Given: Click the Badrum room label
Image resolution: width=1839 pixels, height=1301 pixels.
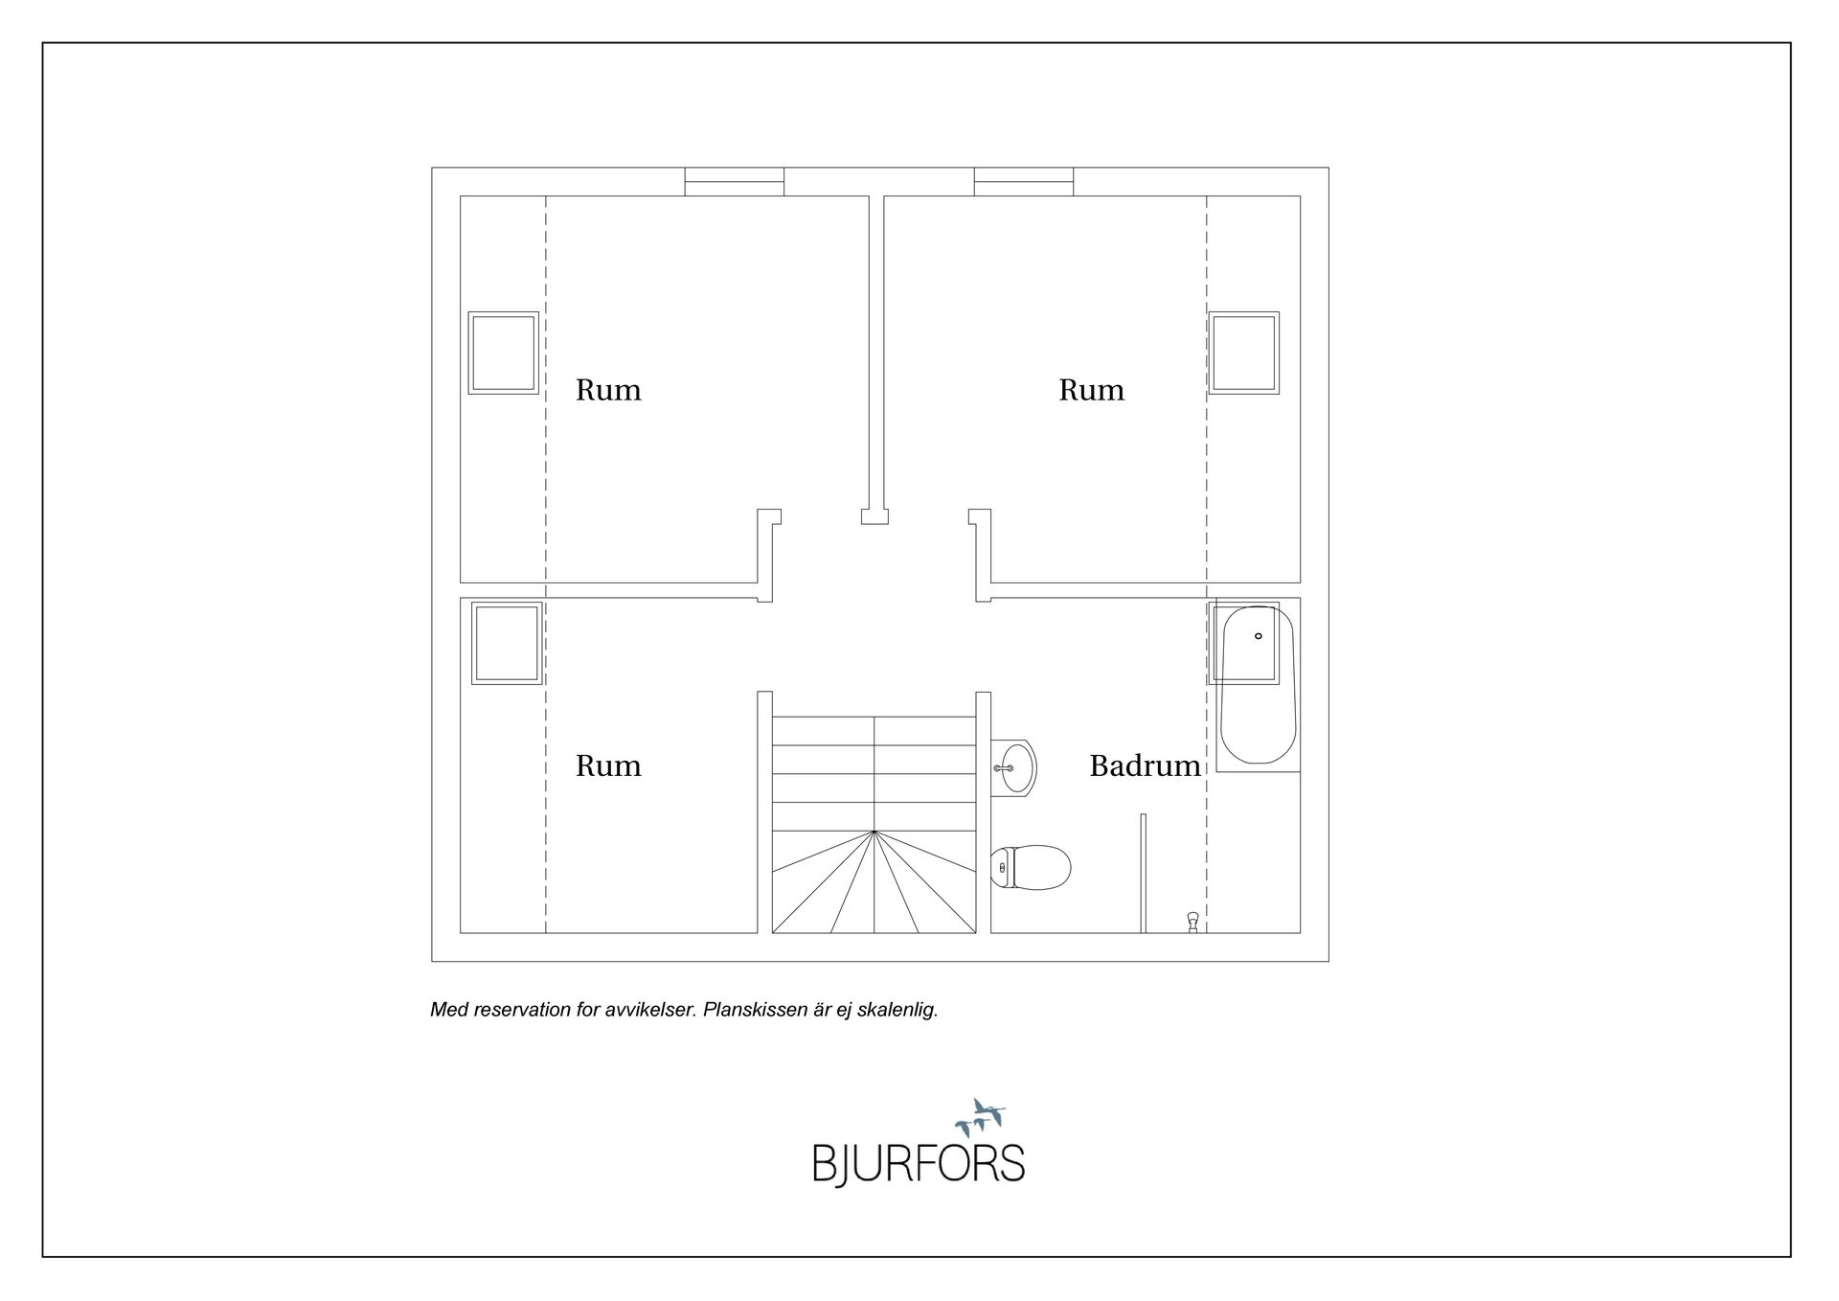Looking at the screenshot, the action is click(1145, 765).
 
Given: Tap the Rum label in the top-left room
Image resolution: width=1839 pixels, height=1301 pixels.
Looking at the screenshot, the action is click(608, 390).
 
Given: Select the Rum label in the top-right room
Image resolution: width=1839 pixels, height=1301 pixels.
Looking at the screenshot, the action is click(1091, 390).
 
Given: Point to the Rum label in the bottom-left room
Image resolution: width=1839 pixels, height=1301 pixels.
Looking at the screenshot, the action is click(608, 765).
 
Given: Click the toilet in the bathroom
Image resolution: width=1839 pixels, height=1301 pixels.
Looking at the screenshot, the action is click(1031, 868).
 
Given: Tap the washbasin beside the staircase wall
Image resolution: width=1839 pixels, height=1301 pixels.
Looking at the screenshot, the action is click(1013, 767).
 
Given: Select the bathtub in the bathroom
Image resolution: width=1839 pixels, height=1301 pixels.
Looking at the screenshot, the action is click(1258, 684).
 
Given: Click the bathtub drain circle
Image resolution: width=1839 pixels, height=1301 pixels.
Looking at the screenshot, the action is click(1259, 636).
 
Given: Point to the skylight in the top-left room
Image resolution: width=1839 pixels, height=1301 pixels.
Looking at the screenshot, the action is click(503, 353).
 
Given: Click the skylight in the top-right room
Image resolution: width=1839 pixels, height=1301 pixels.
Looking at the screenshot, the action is click(1244, 353).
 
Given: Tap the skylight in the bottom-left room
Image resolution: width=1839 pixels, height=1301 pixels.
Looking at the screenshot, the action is click(507, 643).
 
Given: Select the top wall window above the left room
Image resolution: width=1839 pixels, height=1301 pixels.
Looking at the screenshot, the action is click(735, 182).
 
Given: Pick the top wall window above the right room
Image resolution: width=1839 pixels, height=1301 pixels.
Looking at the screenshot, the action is click(1024, 182).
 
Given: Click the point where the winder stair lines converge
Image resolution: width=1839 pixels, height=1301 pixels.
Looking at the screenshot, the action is click(874, 832).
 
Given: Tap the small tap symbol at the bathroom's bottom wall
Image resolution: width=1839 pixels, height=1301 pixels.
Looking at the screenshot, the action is click(1192, 922).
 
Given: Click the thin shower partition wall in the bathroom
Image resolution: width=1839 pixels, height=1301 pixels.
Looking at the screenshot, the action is click(1143, 874).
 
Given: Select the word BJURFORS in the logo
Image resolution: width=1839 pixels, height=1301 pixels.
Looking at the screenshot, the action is click(919, 1164).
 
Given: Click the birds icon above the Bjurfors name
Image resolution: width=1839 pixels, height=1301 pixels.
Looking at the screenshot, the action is click(980, 1117).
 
